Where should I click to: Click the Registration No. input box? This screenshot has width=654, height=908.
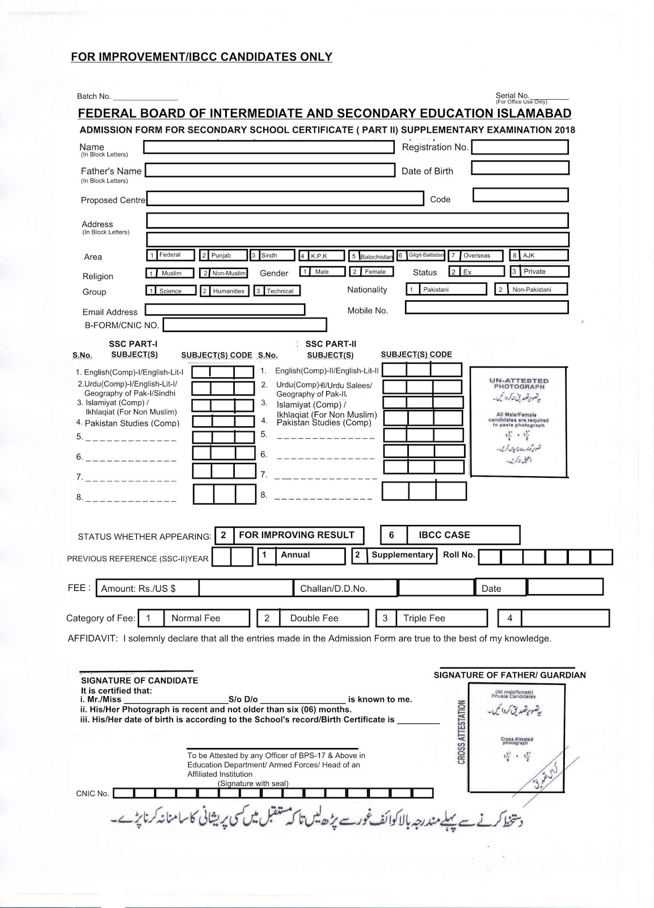(520, 147)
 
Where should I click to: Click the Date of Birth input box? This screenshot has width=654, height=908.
(520, 168)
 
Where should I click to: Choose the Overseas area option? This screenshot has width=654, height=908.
(476, 255)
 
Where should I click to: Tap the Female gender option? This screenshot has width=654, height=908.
(371, 272)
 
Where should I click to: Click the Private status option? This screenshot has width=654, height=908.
(539, 271)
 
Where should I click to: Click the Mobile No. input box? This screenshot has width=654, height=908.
(487, 307)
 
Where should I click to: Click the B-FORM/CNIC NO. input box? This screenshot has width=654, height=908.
(244, 325)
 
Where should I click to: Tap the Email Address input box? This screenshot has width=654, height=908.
(225, 310)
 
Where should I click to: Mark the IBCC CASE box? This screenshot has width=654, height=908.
(450, 535)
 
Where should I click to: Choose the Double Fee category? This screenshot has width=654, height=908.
(313, 618)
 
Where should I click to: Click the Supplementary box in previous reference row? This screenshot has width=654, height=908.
(394, 555)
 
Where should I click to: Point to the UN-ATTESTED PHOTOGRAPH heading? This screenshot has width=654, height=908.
(518, 384)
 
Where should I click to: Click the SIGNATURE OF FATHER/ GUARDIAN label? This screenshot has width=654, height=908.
(509, 675)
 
